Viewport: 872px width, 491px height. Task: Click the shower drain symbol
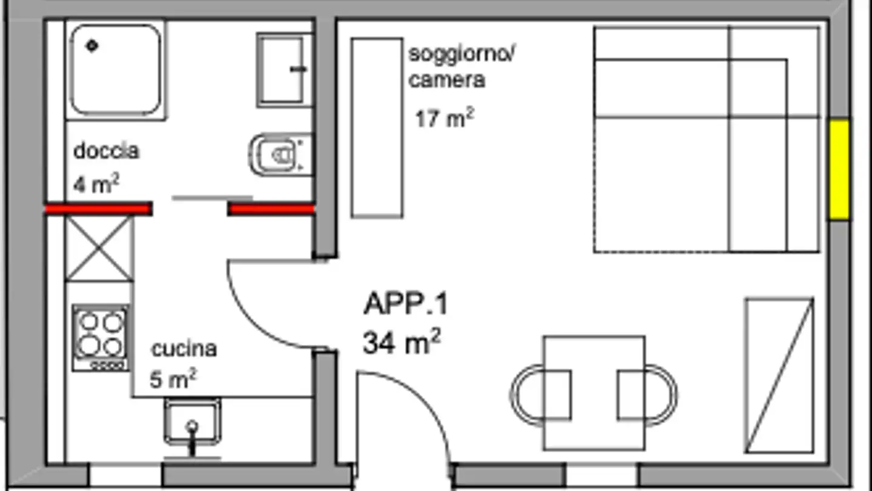[92, 45]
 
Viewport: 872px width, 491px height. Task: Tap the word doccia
[106, 151]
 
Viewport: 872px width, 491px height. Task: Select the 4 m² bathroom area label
[96, 184]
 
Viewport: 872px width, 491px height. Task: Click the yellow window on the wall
[839, 170]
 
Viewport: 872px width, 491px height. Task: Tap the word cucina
[183, 349]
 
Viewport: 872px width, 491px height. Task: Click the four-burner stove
[101, 338]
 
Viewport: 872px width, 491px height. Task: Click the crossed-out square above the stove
[99, 249]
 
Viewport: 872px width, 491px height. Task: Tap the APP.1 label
[406, 304]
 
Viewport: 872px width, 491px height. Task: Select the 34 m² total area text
[401, 342]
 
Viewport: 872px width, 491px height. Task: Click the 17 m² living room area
[444, 118]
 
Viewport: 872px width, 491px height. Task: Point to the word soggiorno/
[461, 54]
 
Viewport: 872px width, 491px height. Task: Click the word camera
[447, 80]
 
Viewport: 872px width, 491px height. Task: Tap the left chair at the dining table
[540, 395]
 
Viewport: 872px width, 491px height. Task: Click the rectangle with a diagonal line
[780, 376]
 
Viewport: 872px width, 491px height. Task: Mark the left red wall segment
[99, 209]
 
